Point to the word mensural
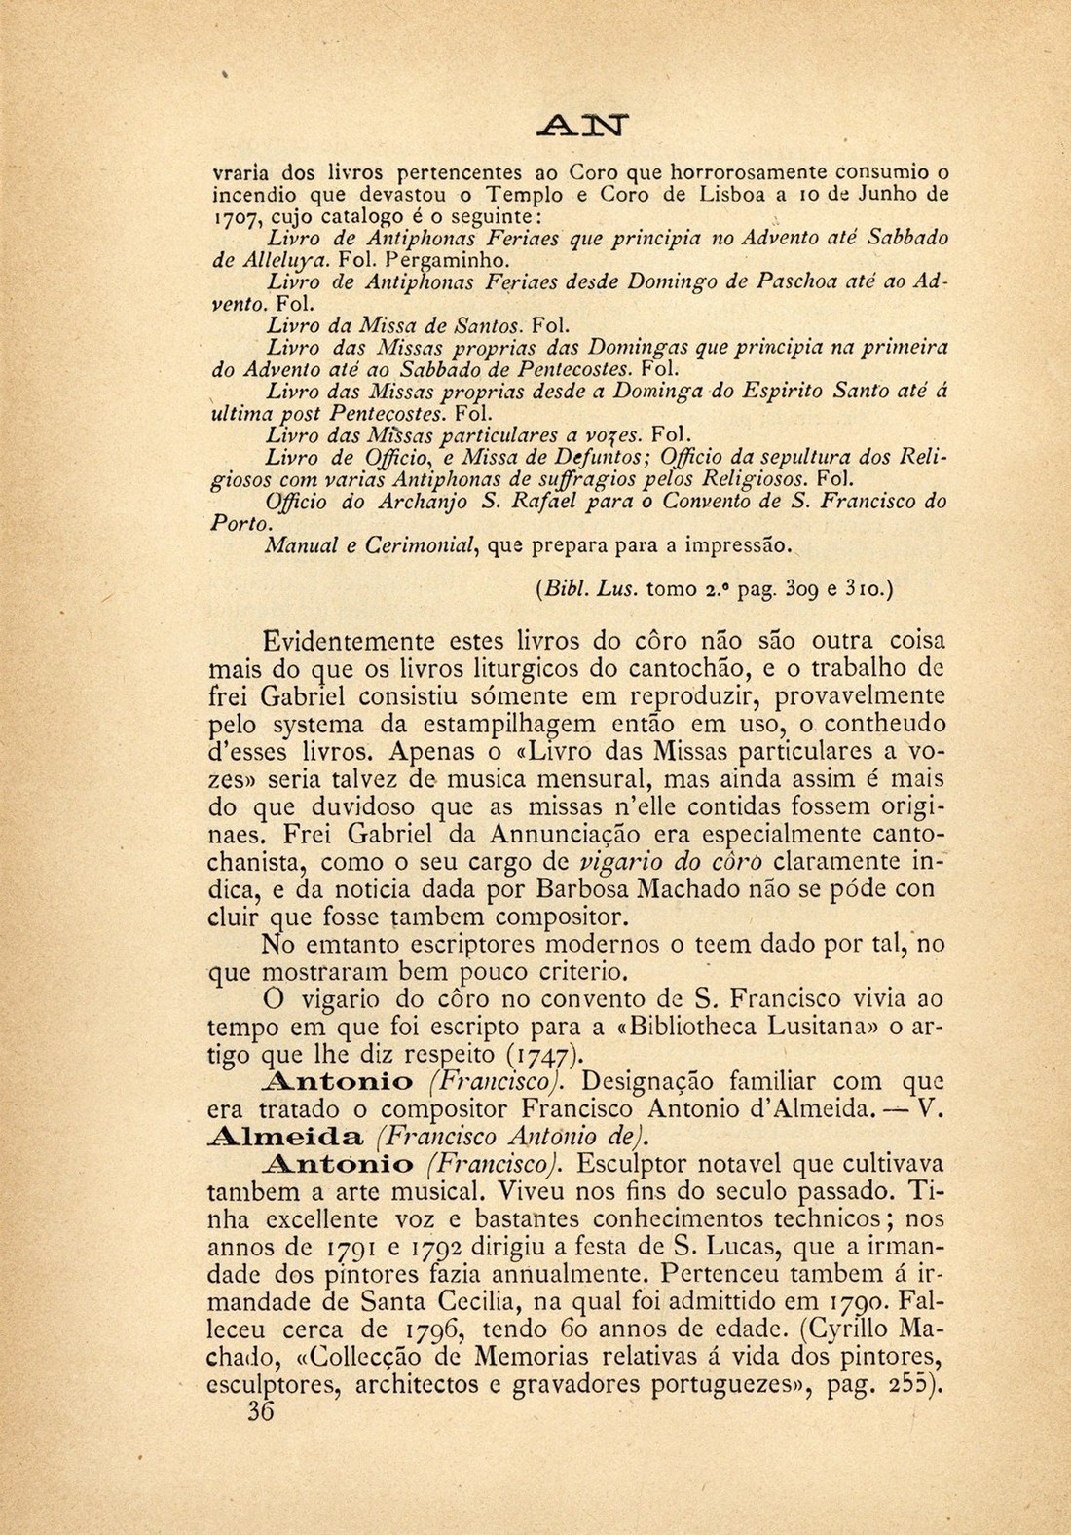pyautogui.click(x=585, y=780)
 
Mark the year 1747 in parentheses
pyautogui.click(x=544, y=1054)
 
